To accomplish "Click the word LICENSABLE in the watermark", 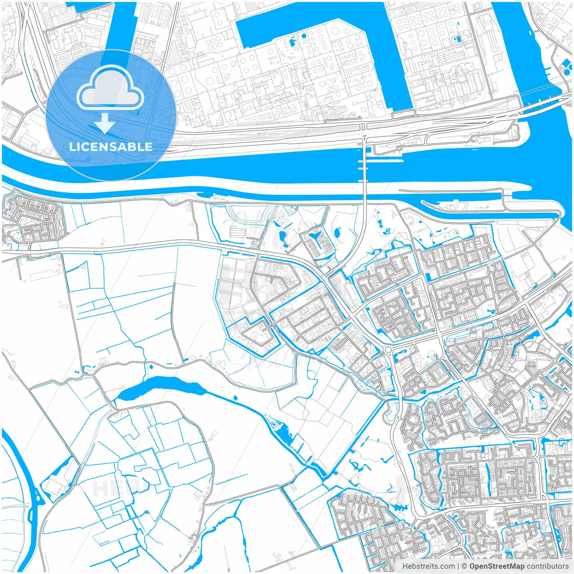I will pyautogui.click(x=110, y=147).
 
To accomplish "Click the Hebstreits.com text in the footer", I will pyautogui.click(x=428, y=566).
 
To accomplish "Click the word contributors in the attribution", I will pyautogui.click(x=547, y=566).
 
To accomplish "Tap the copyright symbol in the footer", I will pyautogui.click(x=465, y=566).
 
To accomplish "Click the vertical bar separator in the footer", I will pyautogui.click(x=458, y=566).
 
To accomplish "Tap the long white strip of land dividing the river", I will pyautogui.click(x=269, y=185).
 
